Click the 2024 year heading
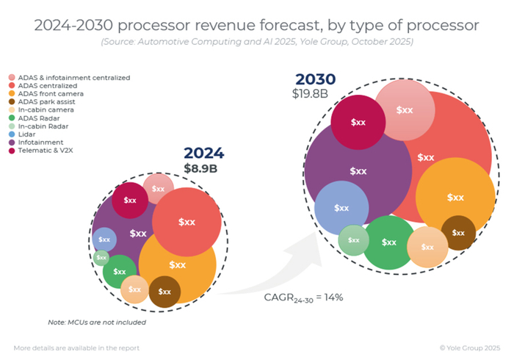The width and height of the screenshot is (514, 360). [x=203, y=154]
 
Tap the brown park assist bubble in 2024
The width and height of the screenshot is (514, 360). [x=164, y=292]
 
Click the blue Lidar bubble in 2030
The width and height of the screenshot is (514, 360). [x=341, y=207]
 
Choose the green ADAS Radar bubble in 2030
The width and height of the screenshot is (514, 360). [x=388, y=242]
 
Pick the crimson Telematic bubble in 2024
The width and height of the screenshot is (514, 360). [x=130, y=200]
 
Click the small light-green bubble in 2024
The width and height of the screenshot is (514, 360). [x=101, y=258]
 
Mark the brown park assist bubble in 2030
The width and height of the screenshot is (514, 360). [x=458, y=233]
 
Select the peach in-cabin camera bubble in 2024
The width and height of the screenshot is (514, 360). [x=134, y=289]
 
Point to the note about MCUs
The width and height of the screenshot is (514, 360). [x=97, y=322]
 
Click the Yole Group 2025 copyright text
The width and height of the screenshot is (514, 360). [x=470, y=347]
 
